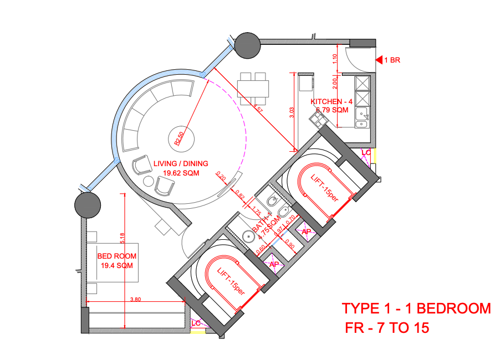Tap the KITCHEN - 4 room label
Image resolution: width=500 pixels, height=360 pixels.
pos(331,102)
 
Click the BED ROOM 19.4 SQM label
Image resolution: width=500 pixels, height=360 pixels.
pos(116,261)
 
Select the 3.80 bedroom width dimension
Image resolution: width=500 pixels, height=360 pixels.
pos(135,299)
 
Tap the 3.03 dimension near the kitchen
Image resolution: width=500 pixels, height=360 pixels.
pos(292,114)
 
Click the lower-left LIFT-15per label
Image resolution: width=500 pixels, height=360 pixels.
pos(231,281)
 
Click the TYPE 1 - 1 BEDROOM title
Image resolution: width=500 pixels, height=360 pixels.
pos(416,308)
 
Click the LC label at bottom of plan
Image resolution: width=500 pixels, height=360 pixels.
pos(196,323)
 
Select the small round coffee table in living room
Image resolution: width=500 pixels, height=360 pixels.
pos(148,182)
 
